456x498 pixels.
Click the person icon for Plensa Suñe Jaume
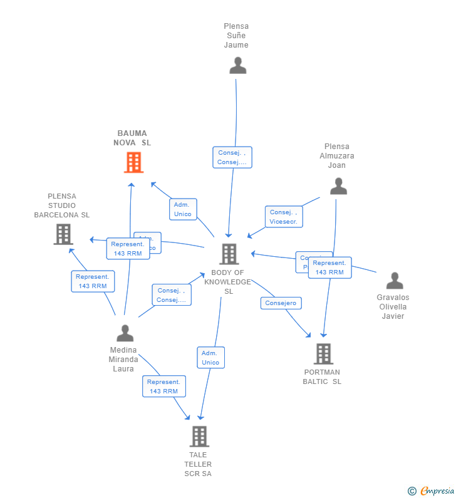237,66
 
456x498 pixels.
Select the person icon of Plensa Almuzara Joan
338,186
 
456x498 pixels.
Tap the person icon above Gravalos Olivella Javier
395,281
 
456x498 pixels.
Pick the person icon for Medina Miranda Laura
125,333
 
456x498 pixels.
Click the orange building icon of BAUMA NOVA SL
133,162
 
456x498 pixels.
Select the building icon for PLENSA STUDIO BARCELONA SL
63,234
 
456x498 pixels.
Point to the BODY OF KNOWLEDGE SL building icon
229,254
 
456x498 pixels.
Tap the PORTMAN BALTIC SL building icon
323,354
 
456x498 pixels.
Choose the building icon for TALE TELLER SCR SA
199,437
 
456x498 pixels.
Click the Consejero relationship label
281,303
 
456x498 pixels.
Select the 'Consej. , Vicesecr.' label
284,217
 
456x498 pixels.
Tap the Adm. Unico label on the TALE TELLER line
210,358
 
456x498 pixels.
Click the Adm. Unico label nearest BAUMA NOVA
183,209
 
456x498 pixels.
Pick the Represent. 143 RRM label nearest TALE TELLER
163,386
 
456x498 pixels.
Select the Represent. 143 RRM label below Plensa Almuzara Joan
329,267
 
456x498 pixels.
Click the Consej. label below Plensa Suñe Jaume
232,157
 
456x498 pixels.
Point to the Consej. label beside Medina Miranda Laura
171,295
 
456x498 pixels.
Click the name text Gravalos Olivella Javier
393,306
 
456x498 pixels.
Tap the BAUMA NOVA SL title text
132,138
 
